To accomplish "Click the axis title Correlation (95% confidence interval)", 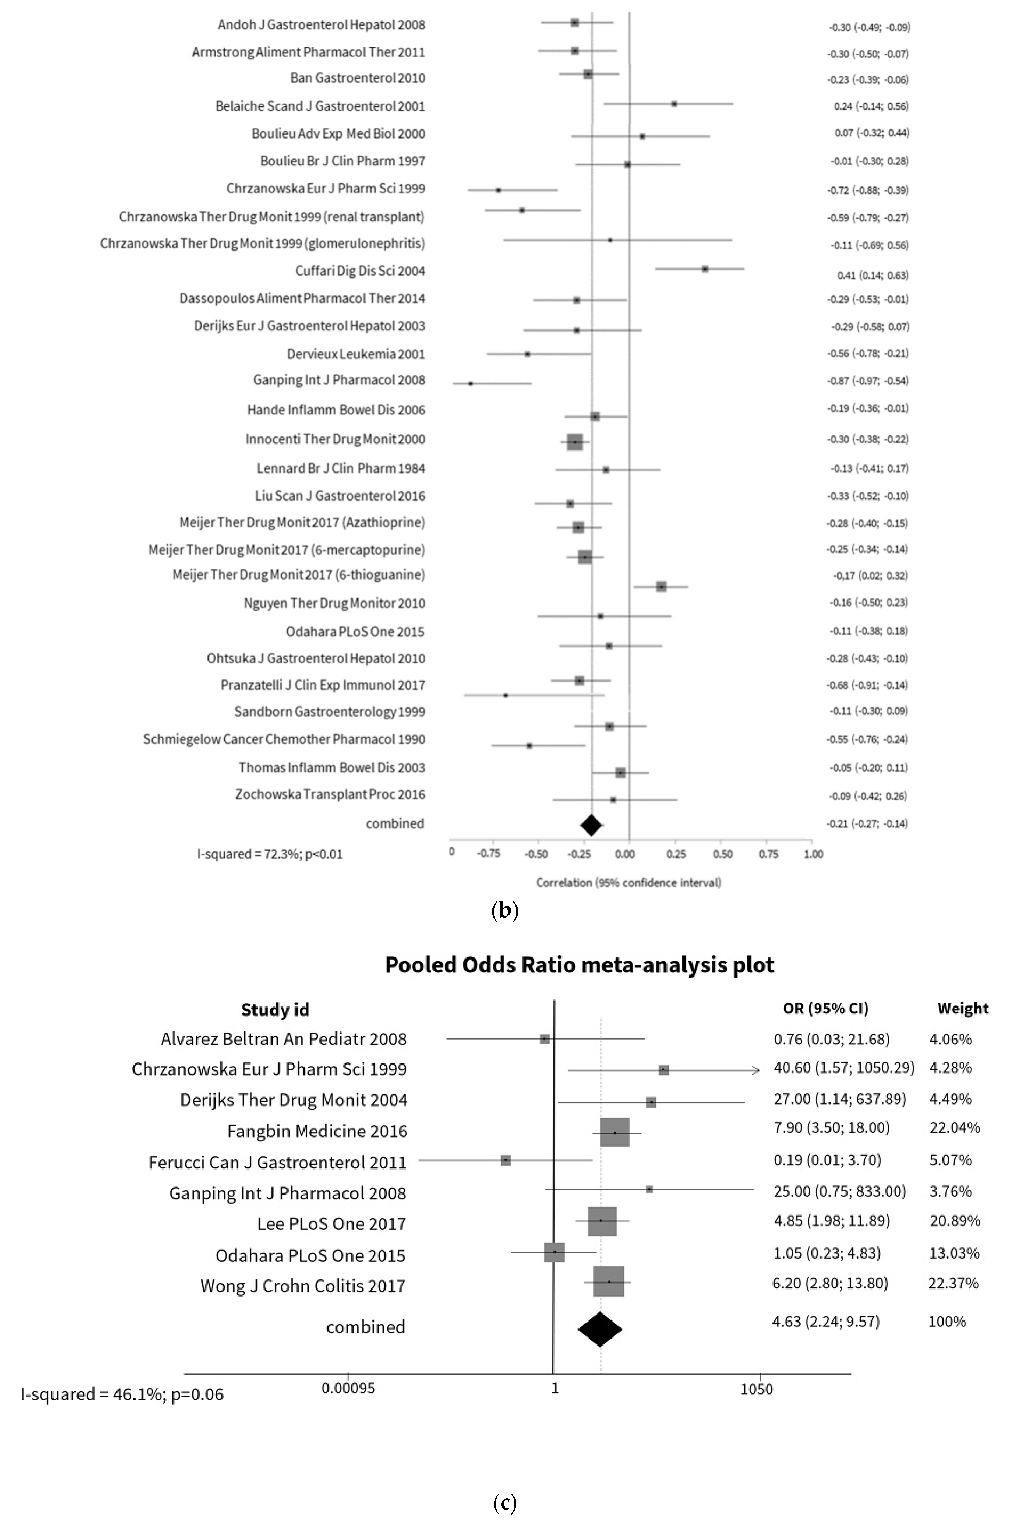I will (x=629, y=883).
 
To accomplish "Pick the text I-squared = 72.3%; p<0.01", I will (x=270, y=854).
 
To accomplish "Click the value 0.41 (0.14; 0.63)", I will (x=873, y=275).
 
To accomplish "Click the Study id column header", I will (x=275, y=1010).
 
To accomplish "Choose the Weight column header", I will (x=962, y=1008).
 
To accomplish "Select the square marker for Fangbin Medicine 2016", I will (x=615, y=1132).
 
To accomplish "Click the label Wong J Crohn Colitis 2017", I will (x=303, y=1286).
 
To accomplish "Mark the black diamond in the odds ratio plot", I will (x=600, y=1329).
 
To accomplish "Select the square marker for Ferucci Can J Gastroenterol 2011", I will (x=506, y=1160).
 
